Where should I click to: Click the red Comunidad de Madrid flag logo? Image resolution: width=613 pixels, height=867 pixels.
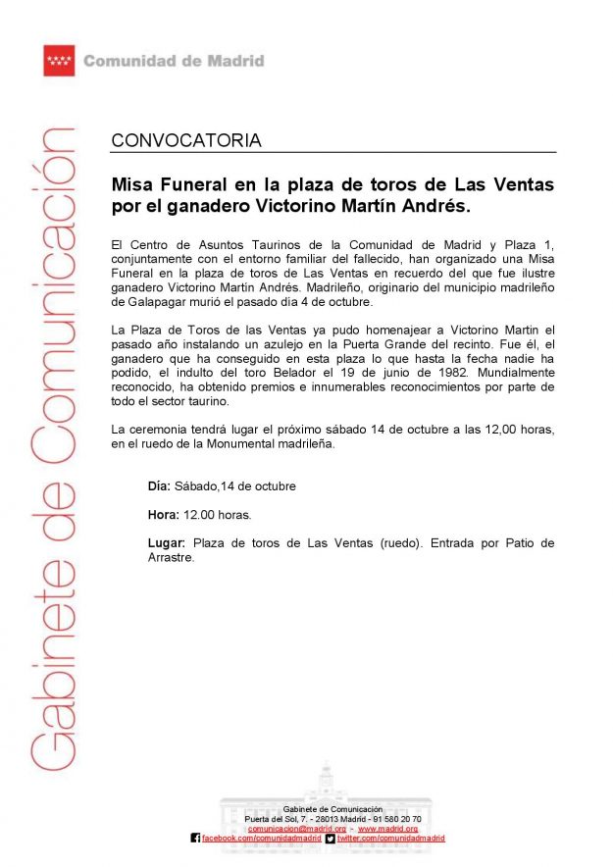[59, 61]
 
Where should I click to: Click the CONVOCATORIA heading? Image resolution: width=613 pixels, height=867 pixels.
[186, 140]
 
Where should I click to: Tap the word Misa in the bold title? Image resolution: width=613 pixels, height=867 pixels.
[133, 184]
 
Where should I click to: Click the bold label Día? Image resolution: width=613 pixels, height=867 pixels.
[159, 485]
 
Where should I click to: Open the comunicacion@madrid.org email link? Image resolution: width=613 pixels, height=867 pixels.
[296, 829]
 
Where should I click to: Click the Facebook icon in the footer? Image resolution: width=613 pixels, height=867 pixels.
[195, 839]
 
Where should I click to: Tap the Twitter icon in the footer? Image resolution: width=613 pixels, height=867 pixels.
[331, 839]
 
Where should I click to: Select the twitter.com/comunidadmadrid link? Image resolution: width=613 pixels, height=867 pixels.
[390, 839]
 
